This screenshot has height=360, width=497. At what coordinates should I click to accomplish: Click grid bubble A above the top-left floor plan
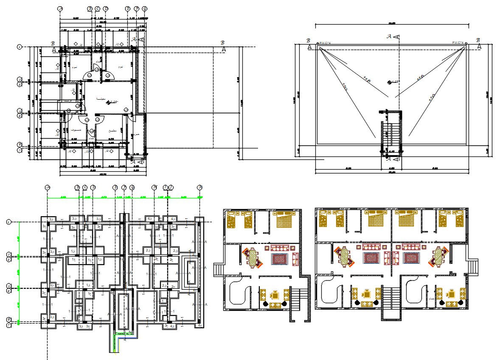(60, 8)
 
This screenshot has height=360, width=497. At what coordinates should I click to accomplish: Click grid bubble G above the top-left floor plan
(145, 8)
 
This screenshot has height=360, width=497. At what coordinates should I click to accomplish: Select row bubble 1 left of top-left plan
(19, 47)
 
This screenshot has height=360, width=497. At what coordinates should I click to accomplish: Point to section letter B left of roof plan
(309, 40)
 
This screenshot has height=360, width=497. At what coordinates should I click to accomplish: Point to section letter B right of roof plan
(478, 40)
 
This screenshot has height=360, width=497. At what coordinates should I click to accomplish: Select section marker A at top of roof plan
(389, 37)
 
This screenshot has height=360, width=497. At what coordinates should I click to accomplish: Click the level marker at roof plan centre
(390, 82)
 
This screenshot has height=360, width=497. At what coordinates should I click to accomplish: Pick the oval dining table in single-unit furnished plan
(253, 258)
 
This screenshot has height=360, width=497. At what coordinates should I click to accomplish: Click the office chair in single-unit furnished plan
(276, 294)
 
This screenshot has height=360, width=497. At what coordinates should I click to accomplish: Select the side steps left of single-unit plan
(219, 269)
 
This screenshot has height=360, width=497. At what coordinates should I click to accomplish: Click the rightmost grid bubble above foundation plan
(199, 187)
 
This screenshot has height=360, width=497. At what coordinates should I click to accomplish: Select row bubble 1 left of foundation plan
(8, 222)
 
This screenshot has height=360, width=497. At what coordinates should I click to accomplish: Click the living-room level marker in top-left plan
(110, 102)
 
